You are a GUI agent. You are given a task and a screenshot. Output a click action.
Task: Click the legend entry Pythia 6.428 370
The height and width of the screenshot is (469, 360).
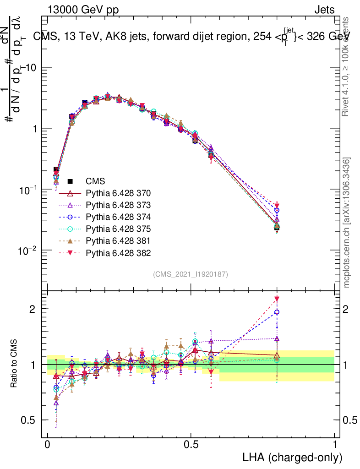118,193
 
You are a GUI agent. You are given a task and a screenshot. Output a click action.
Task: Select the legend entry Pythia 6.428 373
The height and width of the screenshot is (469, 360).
118,205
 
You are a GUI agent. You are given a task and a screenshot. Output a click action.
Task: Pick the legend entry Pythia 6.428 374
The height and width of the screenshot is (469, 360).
118,217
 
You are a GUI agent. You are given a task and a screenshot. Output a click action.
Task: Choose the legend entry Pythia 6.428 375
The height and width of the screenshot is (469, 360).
118,229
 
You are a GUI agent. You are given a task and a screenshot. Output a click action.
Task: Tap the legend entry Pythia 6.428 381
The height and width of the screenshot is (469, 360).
118,240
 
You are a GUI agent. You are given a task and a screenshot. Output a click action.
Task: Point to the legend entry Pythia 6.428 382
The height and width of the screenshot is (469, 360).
118,253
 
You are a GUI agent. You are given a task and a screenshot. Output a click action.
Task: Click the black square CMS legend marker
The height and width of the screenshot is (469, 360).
71,181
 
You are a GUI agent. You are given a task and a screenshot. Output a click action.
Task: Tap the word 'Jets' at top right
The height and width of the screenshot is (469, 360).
324,10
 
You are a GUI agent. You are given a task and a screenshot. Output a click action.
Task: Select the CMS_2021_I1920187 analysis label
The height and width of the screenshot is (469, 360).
191,274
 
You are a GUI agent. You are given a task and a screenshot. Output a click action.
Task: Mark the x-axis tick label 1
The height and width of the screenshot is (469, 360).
335,444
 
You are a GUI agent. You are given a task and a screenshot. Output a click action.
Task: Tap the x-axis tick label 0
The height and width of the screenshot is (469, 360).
48,444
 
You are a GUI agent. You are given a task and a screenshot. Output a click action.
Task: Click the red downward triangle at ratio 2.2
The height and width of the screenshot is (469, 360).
277,300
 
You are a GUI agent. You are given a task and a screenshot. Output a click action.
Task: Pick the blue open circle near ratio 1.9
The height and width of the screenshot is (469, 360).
277,312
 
